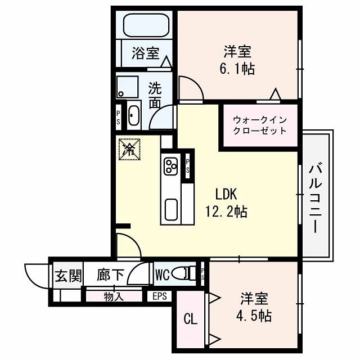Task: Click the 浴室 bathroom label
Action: pos(145,53)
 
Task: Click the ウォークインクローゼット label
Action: pos(259,125)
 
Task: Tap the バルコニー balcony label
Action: pos(316,197)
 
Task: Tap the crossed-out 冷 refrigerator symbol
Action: pos(129,149)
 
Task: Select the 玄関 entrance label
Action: pos(68,276)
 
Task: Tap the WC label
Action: pos(162,275)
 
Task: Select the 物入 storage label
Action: pos(114,296)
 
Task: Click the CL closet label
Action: pos(191,319)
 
